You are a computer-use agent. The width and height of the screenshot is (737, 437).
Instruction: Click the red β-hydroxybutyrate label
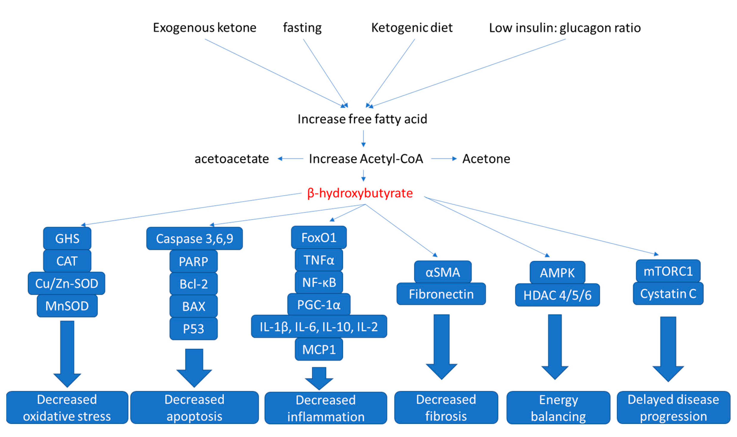click(x=360, y=193)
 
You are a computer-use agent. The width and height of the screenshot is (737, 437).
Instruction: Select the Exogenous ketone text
click(x=204, y=28)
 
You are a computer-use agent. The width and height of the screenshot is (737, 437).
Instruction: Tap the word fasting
click(x=302, y=28)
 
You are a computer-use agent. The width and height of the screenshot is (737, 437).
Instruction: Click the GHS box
click(x=67, y=239)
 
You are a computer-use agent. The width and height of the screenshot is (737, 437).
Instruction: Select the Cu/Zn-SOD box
click(x=67, y=283)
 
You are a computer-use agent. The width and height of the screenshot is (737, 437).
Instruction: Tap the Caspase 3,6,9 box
click(x=195, y=239)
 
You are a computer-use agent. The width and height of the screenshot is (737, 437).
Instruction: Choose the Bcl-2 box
click(x=194, y=284)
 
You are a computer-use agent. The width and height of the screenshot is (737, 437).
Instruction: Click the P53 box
click(x=194, y=329)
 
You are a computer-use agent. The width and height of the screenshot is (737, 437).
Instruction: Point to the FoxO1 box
click(x=319, y=237)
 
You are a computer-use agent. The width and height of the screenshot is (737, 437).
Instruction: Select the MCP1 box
click(x=319, y=349)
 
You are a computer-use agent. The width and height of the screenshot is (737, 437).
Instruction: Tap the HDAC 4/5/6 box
click(x=557, y=295)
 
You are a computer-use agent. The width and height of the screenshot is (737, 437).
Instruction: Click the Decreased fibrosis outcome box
click(x=446, y=408)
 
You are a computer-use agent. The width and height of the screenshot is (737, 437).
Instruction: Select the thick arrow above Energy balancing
click(x=555, y=346)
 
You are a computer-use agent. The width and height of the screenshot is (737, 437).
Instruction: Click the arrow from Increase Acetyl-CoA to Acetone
click(x=444, y=159)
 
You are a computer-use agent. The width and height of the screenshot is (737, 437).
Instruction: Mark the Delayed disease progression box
click(x=673, y=408)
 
